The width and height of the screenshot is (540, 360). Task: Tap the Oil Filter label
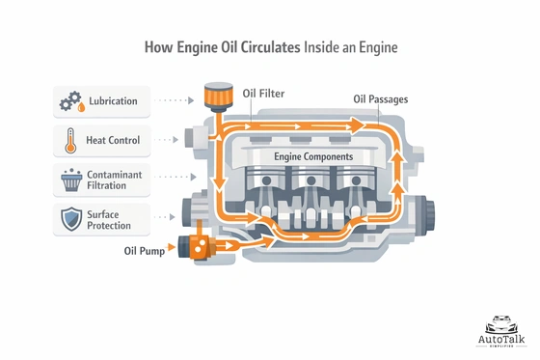point(262,94)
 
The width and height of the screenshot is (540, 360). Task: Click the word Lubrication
point(114,101)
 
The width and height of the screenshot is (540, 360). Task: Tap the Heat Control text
point(113,141)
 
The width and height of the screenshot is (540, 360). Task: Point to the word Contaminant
point(117,172)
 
